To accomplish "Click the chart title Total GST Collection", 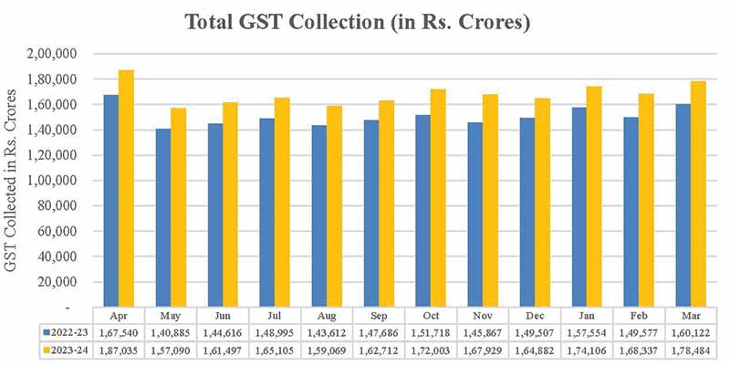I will point(358,22).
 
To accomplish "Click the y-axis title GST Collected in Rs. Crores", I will point(13,182).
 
